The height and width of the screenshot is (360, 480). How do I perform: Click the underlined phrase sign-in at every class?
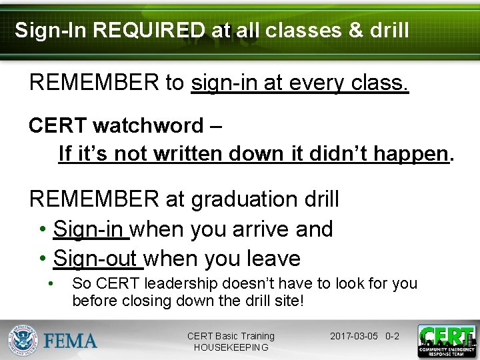click(299, 83)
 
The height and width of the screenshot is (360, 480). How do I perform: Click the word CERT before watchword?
click(57, 125)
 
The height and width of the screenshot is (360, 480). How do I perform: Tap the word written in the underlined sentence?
click(189, 154)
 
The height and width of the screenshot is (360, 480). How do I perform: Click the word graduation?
click(249, 199)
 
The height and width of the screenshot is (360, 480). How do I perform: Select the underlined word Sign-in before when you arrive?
click(91, 229)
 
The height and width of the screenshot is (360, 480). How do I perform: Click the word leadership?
click(210, 283)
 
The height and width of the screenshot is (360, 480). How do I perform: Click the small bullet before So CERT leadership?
click(51, 283)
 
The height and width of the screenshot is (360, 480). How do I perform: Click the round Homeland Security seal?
click(23, 341)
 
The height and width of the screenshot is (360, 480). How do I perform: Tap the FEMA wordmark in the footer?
click(71, 341)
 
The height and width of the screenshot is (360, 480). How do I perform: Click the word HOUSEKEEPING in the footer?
click(231, 347)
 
